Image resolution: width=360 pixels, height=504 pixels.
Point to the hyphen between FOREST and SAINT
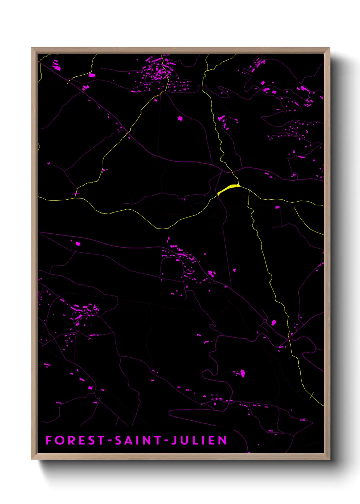[x=110, y=441]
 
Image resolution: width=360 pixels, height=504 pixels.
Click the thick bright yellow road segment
[x=228, y=189]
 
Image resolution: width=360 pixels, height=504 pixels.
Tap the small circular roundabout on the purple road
[x=265, y=321]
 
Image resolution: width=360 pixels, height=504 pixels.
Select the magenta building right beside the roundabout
[x=273, y=322]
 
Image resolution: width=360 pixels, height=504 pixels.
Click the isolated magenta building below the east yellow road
[x=277, y=207]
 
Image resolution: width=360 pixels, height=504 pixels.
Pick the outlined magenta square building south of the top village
[x=180, y=119]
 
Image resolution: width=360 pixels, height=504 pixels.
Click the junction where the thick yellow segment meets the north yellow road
[x=238, y=185]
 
